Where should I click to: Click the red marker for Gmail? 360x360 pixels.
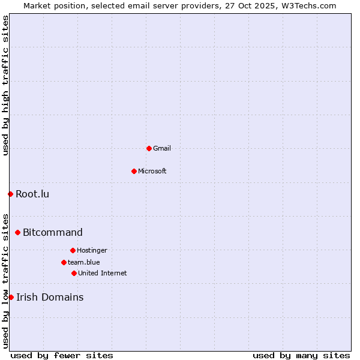click(149, 148)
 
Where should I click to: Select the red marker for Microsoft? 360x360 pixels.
click(134, 171)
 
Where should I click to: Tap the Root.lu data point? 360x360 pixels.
click(10, 194)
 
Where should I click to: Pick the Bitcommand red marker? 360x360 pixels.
click(17, 232)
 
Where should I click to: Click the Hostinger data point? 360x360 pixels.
click(73, 250)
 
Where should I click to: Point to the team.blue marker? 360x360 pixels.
click(64, 262)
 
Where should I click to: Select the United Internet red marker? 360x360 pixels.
click(74, 273)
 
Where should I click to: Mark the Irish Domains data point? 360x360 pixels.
click(11, 297)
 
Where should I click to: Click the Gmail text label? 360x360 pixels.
click(162, 148)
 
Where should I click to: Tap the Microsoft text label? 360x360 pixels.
click(152, 171)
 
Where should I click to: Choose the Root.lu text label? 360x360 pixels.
click(32, 194)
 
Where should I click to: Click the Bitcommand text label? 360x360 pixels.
click(53, 232)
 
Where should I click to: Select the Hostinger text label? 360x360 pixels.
click(92, 250)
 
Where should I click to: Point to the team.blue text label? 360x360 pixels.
click(84, 262)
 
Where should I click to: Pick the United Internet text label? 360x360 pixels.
click(103, 273)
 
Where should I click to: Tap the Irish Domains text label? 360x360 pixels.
click(50, 297)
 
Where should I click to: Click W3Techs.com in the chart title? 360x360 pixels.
click(307, 5)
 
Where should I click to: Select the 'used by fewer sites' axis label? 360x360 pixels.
click(62, 355)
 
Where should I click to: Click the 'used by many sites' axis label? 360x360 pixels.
click(301, 355)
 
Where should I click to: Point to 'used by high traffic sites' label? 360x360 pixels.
click(5, 85)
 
